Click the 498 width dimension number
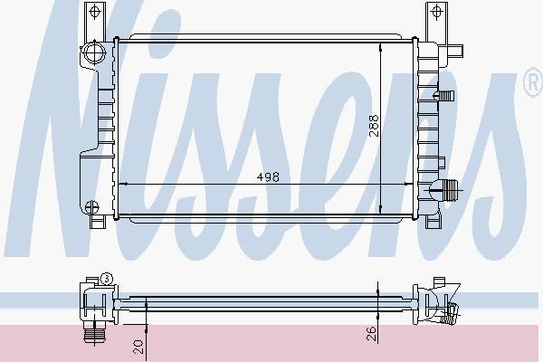pos(268,177)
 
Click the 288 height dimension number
pos(374,126)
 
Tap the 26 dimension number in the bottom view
pos(371,333)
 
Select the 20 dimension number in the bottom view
pos(138,347)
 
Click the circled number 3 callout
pos(107,279)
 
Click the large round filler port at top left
pos(94,52)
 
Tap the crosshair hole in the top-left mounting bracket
pos(94,11)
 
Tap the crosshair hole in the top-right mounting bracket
pos(436,11)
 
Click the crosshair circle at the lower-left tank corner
pos(91,207)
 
